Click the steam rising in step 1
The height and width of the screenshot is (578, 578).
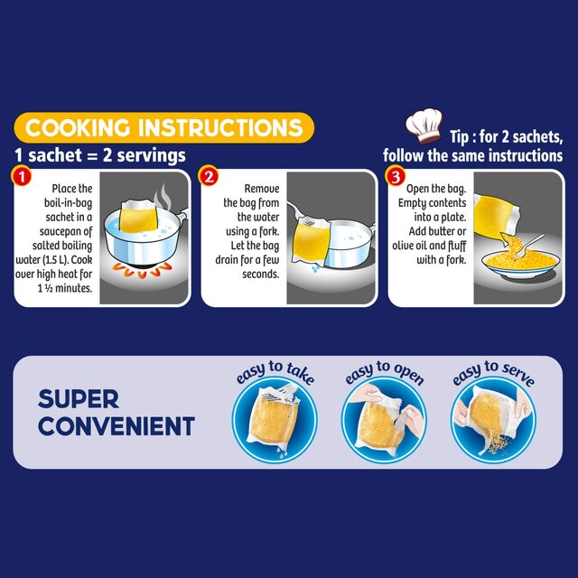point(164,199)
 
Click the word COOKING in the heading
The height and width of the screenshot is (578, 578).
point(81,126)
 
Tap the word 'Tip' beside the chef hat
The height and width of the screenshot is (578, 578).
point(463,136)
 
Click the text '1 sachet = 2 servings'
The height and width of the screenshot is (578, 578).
point(101,154)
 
